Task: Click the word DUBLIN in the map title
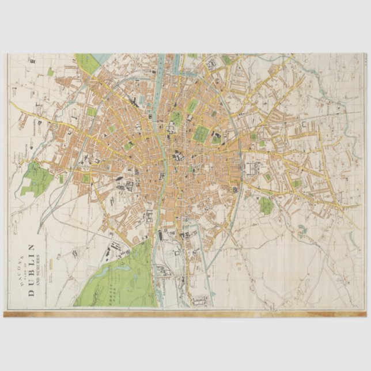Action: point(32,269)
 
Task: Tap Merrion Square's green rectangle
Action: point(216,138)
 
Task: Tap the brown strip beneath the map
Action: point(184,314)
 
